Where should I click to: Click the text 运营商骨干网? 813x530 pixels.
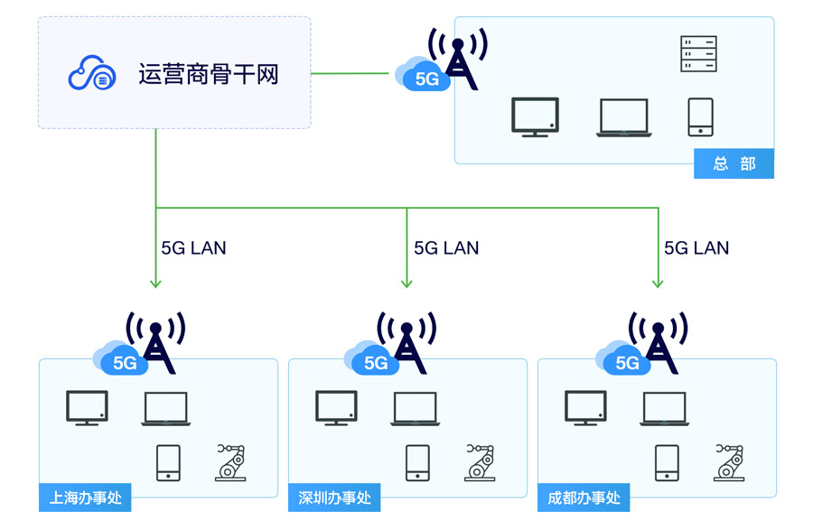click(209, 74)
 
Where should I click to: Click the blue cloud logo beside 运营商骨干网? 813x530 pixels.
click(92, 73)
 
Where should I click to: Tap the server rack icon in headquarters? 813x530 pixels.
click(698, 54)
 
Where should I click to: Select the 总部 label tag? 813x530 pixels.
click(734, 163)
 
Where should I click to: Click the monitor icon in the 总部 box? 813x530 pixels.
click(535, 116)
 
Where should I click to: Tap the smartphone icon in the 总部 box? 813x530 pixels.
click(700, 116)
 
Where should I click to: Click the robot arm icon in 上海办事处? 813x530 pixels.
click(230, 461)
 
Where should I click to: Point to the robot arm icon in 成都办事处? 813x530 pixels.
click(729, 461)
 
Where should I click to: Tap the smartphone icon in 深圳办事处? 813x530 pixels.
click(417, 462)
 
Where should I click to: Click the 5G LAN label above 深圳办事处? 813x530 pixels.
click(446, 247)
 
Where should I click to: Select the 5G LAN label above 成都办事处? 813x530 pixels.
click(696, 247)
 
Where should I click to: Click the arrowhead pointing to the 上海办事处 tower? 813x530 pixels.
click(155, 283)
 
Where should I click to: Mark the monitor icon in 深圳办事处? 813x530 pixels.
click(336, 408)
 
